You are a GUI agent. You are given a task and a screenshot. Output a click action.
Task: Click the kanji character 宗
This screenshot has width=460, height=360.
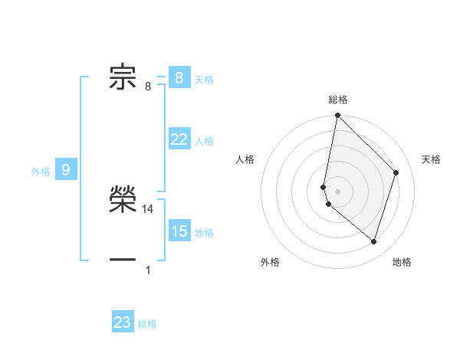123,77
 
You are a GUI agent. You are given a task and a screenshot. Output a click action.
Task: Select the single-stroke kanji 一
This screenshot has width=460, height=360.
123,260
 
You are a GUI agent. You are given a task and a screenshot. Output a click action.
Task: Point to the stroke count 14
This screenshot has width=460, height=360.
148,208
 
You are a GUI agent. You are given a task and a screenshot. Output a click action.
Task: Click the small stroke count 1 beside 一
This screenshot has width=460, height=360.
148,270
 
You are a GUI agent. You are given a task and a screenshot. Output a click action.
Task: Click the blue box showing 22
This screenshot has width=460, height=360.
179,139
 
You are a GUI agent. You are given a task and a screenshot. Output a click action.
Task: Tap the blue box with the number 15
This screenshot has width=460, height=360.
179,231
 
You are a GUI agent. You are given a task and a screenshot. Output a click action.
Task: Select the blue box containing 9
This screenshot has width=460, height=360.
66,170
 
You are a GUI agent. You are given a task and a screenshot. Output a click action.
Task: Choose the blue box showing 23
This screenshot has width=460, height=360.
123,322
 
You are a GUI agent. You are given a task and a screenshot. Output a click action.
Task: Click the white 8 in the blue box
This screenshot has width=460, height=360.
179,77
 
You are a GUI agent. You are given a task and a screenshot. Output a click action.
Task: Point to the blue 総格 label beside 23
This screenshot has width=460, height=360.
147,324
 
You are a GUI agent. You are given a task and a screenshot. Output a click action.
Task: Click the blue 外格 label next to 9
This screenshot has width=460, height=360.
41,172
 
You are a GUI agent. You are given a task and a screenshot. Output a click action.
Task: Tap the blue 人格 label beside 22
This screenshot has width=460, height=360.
204,141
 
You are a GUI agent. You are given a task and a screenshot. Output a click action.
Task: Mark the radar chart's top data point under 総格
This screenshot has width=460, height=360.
337,116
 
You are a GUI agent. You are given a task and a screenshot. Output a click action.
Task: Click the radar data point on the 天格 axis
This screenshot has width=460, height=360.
396,173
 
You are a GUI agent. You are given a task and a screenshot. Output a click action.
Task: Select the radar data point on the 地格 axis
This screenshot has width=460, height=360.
374,242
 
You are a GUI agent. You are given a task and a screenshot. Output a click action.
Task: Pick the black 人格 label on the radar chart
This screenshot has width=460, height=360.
245,159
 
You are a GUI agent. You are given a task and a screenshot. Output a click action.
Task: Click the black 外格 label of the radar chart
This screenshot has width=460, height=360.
270,262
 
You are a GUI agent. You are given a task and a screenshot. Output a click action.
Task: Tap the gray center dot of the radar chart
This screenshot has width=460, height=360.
337,191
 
